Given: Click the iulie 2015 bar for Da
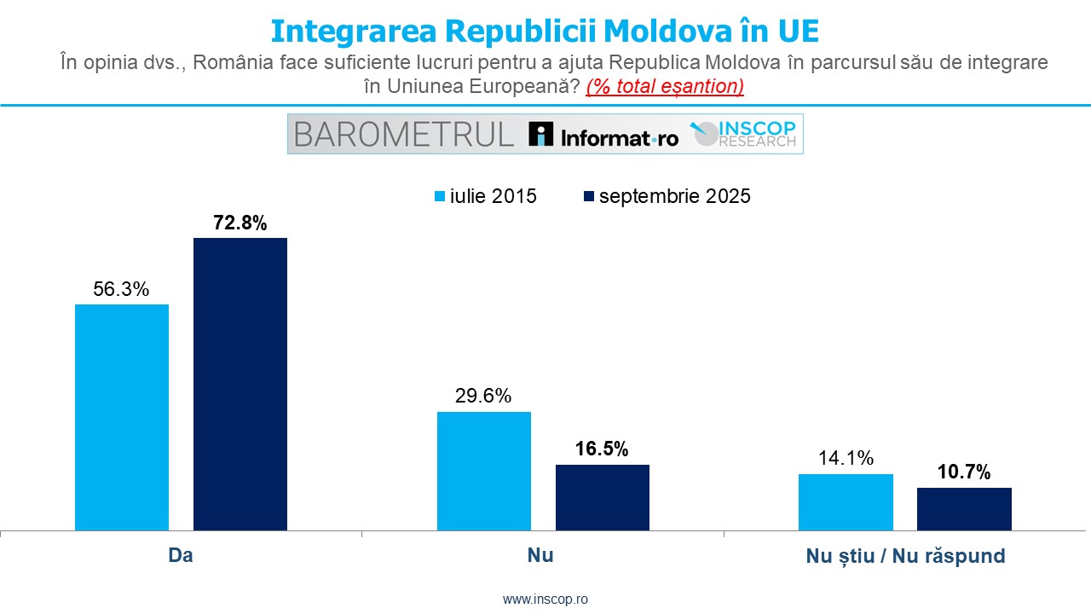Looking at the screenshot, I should tap(122, 417).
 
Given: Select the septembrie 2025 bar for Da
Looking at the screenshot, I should tap(240, 384).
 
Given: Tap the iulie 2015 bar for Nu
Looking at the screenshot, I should tap(484, 471).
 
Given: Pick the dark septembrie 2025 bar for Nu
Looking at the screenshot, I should tap(603, 497).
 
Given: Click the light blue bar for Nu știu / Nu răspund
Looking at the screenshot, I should tap(846, 501).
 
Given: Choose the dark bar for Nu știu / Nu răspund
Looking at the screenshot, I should tap(964, 508).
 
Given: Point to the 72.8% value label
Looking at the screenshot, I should tap(240, 223).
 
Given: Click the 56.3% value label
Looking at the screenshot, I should tap(121, 290).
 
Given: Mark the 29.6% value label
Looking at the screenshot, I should tap(483, 397).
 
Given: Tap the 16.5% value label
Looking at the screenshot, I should tap(601, 449).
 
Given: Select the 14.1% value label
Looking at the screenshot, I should tap(845, 459).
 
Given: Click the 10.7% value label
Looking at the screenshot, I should tap(963, 472).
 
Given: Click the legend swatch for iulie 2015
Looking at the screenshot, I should tap(441, 196).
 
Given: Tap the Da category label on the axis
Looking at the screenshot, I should tap(181, 555).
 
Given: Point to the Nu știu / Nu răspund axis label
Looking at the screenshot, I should tap(905, 556).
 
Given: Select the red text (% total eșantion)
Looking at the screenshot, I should tap(665, 86).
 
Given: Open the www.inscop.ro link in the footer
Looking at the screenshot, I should tap(545, 600).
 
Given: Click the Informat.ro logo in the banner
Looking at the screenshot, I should tap(603, 135).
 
